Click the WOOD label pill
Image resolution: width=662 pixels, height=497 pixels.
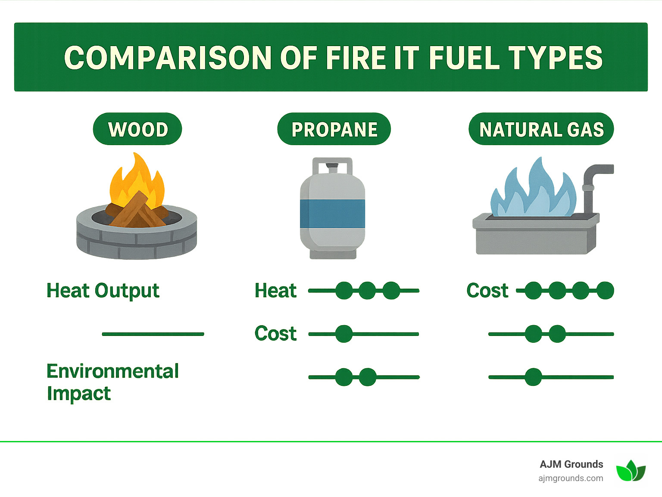(x=137, y=129)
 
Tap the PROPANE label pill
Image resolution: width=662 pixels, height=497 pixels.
(x=334, y=129)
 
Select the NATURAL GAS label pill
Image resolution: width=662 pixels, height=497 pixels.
(x=541, y=129)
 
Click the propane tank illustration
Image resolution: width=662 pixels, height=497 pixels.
(x=332, y=209)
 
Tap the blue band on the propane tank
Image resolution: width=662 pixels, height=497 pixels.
(x=332, y=214)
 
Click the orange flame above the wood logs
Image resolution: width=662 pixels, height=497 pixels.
(x=137, y=179)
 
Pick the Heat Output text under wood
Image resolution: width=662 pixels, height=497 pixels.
(x=103, y=291)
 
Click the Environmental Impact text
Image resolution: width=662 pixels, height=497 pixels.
(x=112, y=382)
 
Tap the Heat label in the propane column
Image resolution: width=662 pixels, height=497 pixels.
(x=275, y=291)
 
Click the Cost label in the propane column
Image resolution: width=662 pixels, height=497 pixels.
(x=275, y=334)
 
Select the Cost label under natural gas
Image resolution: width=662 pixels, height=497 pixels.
(x=487, y=291)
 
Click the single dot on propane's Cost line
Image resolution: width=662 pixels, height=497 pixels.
(x=344, y=334)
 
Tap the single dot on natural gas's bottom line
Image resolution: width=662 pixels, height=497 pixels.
(x=533, y=377)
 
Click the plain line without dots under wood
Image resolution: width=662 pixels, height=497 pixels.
(x=153, y=334)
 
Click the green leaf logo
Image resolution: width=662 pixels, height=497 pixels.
(x=631, y=471)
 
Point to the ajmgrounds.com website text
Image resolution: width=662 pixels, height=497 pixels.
(x=571, y=478)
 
